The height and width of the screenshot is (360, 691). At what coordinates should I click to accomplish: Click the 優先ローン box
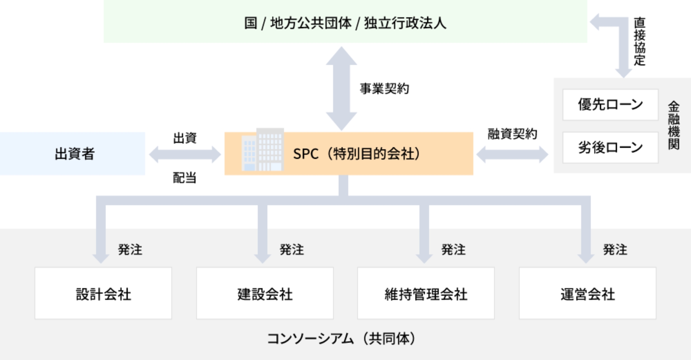[610, 105]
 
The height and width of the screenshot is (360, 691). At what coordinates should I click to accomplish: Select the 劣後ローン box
[610, 148]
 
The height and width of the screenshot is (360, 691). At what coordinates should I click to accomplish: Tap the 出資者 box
[74, 154]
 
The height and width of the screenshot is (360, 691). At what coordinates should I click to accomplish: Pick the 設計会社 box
[103, 293]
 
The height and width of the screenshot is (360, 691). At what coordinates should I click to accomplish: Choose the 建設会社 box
[265, 293]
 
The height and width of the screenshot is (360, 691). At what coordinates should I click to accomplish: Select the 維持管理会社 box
[426, 293]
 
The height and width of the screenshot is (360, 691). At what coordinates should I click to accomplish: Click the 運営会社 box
[587, 293]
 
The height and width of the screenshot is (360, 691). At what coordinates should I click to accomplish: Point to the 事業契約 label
[384, 89]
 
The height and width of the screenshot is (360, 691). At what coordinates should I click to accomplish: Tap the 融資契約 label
[512, 134]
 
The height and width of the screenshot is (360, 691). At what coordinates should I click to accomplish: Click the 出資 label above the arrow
[185, 138]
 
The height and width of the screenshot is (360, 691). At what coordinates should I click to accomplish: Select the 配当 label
[184, 178]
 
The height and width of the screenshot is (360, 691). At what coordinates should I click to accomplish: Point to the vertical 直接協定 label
[640, 41]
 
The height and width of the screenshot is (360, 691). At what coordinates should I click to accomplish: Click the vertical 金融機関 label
[673, 125]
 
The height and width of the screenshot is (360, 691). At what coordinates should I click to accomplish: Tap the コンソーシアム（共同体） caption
[341, 339]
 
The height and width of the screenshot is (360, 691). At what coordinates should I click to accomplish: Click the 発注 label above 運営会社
[615, 249]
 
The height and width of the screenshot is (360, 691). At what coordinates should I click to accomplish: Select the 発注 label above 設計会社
[130, 249]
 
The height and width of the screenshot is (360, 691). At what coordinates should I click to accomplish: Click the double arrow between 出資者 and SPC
[185, 154]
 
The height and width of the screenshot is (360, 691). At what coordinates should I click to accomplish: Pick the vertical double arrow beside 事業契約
[341, 89]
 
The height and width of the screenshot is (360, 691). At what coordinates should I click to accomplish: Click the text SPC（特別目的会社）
[357, 154]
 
